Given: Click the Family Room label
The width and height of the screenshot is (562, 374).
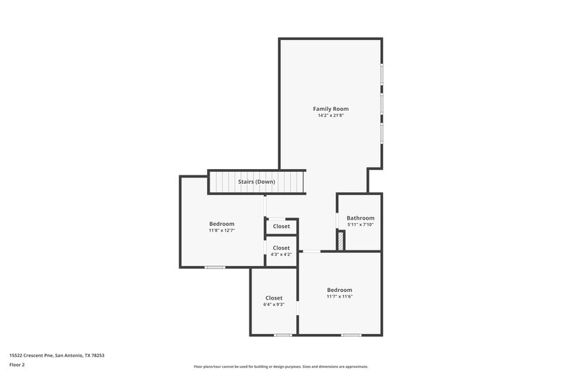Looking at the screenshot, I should pyautogui.click(x=330, y=109).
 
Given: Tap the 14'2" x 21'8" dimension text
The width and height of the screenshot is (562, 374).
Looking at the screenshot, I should pyautogui.click(x=330, y=116).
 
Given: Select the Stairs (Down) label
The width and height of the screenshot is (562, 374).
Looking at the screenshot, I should pyautogui.click(x=256, y=182).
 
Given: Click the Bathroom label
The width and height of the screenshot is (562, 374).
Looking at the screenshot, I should pyautogui.click(x=360, y=218).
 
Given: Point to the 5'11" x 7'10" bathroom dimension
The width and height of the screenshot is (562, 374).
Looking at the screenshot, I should pyautogui.click(x=360, y=225).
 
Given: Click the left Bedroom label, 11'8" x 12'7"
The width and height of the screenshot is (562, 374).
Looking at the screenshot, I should pyautogui.click(x=221, y=224).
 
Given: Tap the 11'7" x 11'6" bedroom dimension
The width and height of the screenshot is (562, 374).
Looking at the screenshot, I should pyautogui.click(x=339, y=296).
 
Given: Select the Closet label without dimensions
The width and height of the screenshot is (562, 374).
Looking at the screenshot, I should pyautogui.click(x=281, y=226).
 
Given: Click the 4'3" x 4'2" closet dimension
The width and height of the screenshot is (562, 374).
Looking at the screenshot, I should pyautogui.click(x=281, y=255).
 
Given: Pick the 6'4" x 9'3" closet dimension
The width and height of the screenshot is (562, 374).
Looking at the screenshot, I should pyautogui.click(x=273, y=305).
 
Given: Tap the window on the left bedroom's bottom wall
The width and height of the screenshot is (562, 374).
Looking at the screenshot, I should pyautogui.click(x=215, y=267).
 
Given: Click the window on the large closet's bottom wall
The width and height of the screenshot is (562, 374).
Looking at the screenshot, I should pyautogui.click(x=283, y=335).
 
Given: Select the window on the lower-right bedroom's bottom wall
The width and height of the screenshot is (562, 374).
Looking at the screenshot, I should pyautogui.click(x=351, y=335).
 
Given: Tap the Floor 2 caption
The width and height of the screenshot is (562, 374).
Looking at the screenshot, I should pyautogui.click(x=18, y=365).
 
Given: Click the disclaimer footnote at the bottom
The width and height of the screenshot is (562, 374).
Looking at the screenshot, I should pyautogui.click(x=280, y=366).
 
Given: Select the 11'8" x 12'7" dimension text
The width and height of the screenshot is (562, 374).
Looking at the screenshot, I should pyautogui.click(x=221, y=230).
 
